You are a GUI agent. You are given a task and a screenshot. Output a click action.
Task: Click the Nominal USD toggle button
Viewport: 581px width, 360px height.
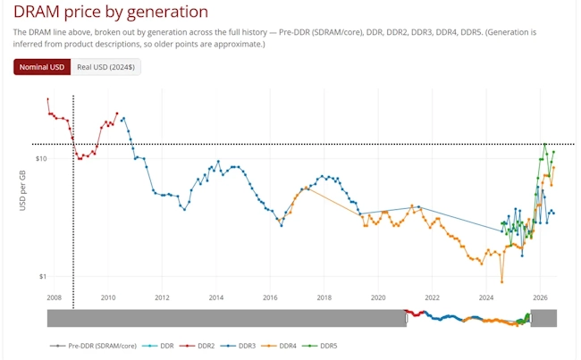coord(42,67)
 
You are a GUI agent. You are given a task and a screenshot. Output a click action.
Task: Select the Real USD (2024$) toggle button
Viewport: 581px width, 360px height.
coord(105,67)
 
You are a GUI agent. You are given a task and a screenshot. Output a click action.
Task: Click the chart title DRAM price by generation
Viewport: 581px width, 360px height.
coord(111,12)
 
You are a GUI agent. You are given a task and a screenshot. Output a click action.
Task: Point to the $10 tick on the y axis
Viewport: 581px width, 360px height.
coord(41,158)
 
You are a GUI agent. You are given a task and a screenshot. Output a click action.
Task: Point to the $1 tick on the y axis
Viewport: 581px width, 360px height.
coord(43,276)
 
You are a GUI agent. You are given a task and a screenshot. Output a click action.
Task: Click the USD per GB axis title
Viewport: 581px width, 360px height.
coord(22,190)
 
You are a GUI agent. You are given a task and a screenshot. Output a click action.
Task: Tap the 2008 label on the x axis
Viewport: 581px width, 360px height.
coord(55,297)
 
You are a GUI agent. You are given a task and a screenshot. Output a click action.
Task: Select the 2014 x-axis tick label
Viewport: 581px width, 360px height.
coord(216,297)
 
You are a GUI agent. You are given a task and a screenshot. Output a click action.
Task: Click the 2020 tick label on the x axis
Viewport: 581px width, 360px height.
coord(378,297)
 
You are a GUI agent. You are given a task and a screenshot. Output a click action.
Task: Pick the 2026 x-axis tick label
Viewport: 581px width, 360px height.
coord(540,297)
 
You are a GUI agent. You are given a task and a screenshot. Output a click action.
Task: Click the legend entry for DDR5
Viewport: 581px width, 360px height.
coord(320,346)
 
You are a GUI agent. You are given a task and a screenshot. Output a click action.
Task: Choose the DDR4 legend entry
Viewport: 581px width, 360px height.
coord(279,346)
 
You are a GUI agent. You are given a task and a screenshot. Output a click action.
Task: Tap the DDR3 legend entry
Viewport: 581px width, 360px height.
coord(239,346)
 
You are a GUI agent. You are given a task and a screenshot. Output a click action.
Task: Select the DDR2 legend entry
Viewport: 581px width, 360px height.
coord(198,346)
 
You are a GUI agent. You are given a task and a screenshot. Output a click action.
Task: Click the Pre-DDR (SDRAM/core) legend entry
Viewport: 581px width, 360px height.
coord(93,346)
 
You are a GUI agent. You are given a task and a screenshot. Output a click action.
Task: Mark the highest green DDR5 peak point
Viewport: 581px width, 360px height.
coord(544,144)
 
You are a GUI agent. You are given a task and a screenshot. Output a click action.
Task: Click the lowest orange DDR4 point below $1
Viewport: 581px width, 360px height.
coord(502,282)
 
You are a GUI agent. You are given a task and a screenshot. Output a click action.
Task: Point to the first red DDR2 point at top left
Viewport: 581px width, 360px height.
coord(47,99)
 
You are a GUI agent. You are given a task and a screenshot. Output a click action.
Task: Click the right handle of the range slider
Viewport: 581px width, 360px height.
coord(531,318)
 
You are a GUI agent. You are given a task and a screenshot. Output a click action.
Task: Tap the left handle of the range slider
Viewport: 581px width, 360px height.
coord(407,318)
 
